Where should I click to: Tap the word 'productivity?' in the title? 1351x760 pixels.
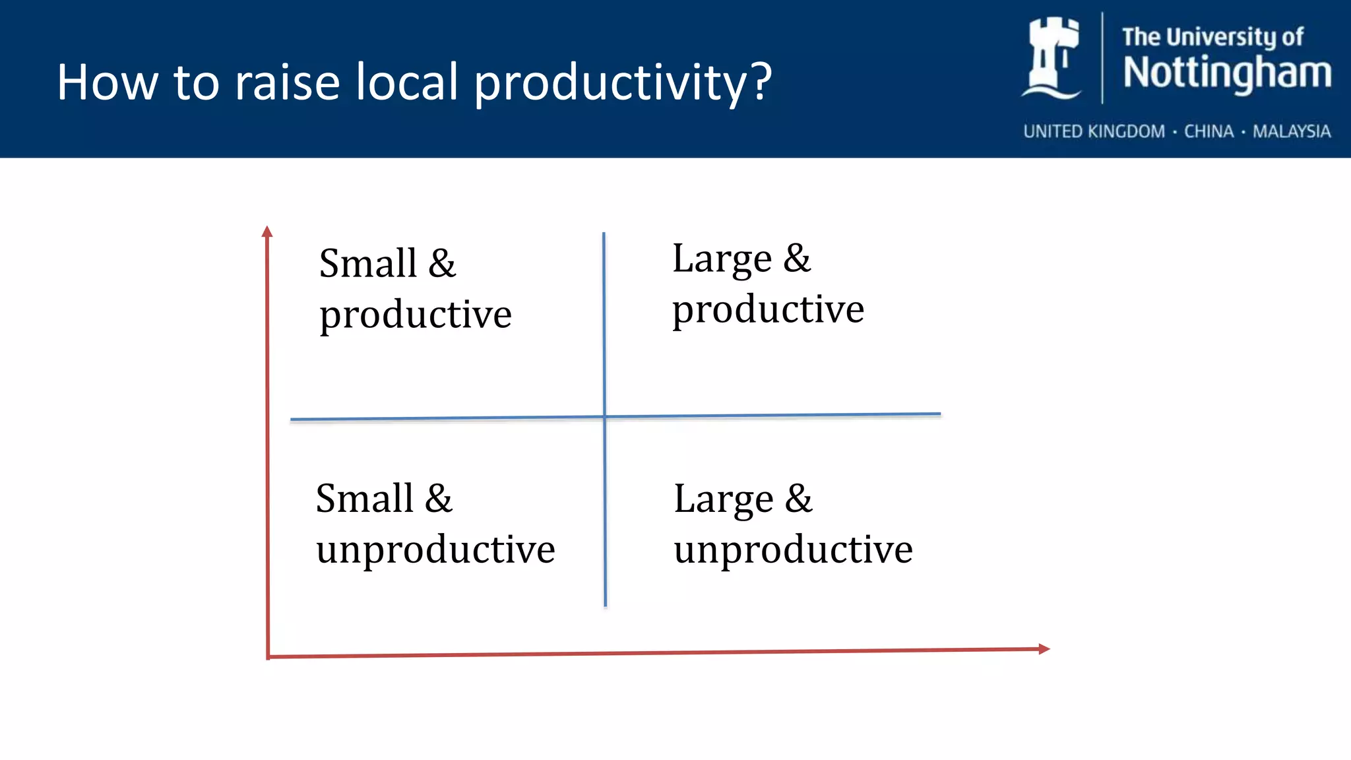click(623, 83)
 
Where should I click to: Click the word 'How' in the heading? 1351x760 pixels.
click(107, 82)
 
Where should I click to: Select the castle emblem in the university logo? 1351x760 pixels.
click(1053, 58)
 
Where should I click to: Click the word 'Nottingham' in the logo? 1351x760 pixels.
click(1227, 73)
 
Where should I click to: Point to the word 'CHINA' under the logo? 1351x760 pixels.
click(1209, 131)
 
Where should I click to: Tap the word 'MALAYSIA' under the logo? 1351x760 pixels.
click(1292, 131)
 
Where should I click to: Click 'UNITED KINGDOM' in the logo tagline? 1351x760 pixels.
click(1094, 131)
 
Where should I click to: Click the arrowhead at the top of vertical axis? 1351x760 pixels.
click(267, 231)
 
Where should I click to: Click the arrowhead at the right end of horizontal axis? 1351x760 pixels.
click(1044, 649)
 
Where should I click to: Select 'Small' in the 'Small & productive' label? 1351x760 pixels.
click(367, 263)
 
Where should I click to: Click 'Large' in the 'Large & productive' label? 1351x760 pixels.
click(722, 259)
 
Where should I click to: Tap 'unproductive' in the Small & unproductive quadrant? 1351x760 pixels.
click(435, 549)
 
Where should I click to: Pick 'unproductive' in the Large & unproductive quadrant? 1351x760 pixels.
click(793, 549)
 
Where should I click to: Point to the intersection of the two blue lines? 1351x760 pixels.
click(604, 416)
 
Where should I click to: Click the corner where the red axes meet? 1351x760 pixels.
click(268, 656)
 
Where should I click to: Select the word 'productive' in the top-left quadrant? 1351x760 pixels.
click(416, 315)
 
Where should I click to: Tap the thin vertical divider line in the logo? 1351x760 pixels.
click(1102, 58)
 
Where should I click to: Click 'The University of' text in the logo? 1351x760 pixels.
click(1212, 37)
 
